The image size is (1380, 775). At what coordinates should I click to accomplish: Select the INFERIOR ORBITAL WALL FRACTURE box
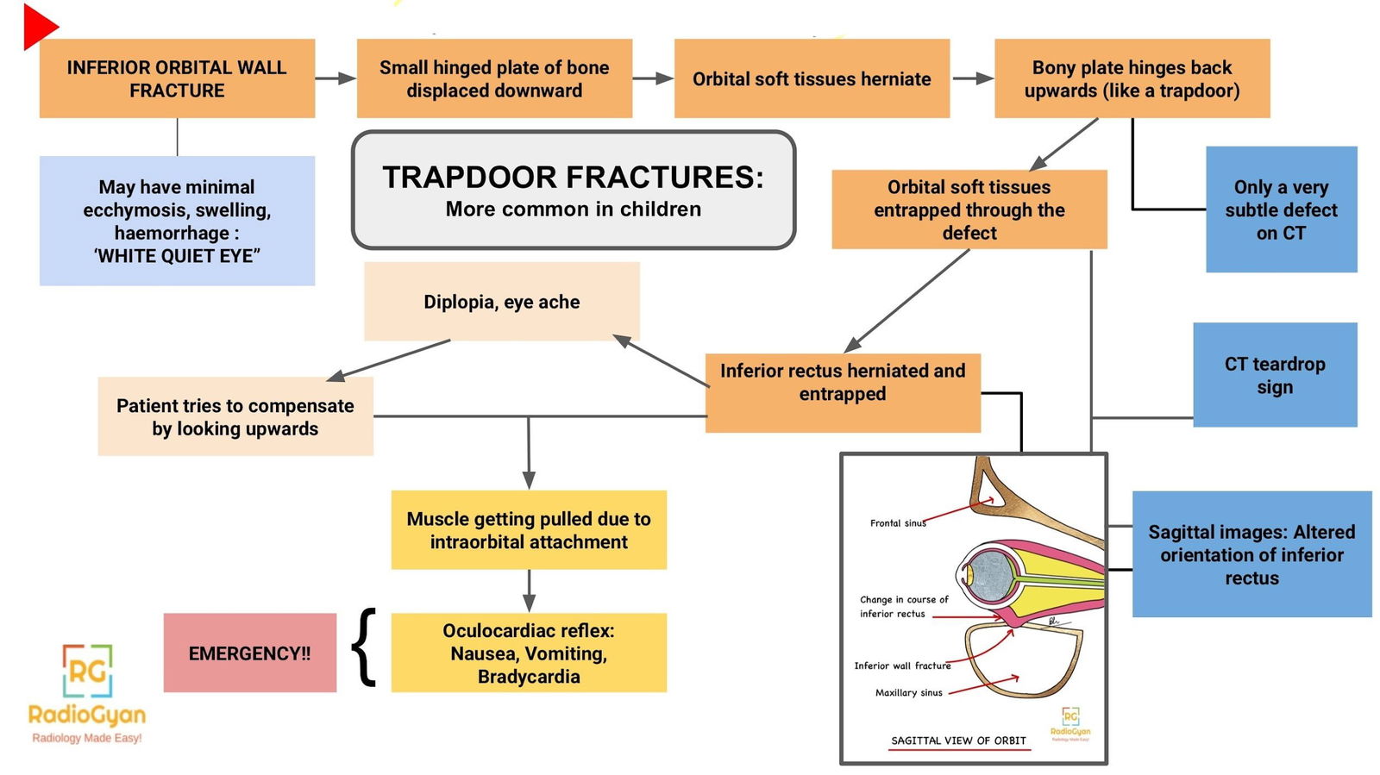coord(177,78)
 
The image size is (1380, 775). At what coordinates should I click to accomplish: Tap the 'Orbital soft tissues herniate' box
coord(812,78)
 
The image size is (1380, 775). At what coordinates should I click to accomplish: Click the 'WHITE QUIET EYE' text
coord(177,256)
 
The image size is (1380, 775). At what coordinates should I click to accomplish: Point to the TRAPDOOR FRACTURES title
coord(573,178)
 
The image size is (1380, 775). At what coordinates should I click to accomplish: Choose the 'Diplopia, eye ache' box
coord(501,302)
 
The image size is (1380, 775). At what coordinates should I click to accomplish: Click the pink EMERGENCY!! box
coord(249,653)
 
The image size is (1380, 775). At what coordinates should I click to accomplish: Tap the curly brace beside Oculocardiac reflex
coord(366,647)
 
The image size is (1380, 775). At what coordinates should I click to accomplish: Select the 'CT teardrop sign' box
coord(1275,375)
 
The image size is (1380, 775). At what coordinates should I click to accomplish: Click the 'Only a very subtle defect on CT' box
coord(1281,209)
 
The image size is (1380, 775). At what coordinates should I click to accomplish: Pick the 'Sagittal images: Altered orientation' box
coord(1251,554)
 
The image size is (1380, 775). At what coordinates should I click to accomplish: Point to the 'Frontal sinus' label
coord(897,523)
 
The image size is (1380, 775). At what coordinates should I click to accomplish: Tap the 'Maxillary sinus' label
coord(908,693)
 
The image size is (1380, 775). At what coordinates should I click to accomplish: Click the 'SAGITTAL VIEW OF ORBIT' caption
coord(958,741)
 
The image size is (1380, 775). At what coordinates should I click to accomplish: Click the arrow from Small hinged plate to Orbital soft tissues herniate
coord(653,78)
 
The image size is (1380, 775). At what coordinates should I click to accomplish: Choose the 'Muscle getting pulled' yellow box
coord(529,530)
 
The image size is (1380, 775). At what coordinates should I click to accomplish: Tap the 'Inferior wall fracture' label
coord(902,666)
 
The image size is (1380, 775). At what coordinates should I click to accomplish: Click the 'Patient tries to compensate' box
coord(235,416)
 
